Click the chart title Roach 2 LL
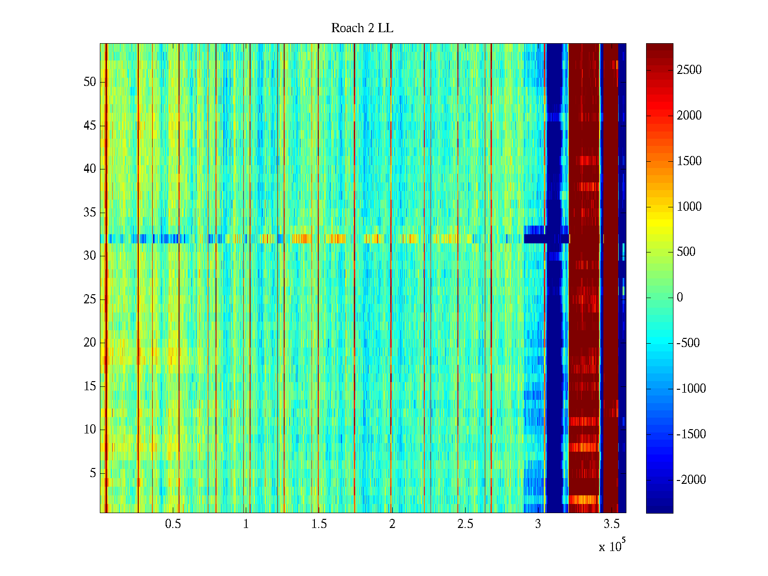(362, 28)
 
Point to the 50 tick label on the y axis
(90, 82)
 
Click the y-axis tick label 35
(90, 212)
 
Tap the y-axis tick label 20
(90, 343)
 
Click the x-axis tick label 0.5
(173, 524)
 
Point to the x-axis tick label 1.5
(319, 524)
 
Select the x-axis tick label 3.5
(611, 524)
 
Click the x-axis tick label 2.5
(465, 524)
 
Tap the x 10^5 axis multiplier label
(612, 546)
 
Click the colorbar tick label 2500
(689, 70)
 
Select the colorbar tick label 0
(680, 298)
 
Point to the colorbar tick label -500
(688, 343)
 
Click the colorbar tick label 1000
(689, 206)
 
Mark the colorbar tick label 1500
(689, 161)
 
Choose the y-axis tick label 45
(90, 126)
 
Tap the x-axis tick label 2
(392, 524)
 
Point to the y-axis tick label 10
(90, 430)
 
